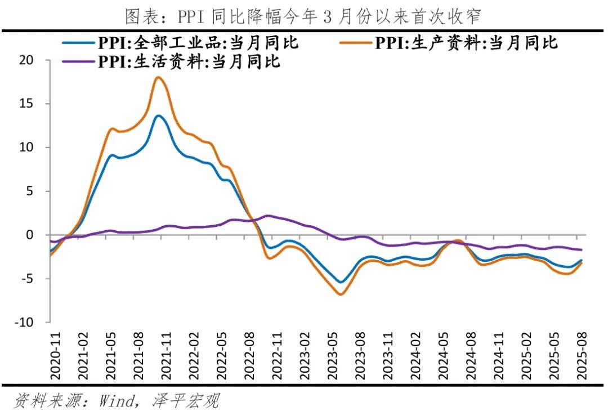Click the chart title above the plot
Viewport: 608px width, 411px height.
(303, 16)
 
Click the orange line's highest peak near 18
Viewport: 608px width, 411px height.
(158, 77)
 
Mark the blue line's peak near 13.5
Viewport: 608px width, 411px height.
(159, 116)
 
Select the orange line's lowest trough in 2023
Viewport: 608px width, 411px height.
(340, 294)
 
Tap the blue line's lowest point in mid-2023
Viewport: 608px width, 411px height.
(340, 283)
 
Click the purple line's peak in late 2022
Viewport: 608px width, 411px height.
(268, 216)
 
